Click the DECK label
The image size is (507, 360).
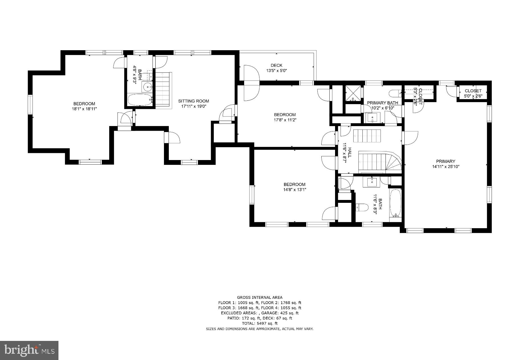(x=276, y=65)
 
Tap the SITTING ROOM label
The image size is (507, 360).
(x=194, y=101)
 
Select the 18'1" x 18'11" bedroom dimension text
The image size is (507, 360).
(x=84, y=109)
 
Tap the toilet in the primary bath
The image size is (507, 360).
(x=395, y=93)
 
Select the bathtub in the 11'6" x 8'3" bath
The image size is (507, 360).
(x=396, y=203)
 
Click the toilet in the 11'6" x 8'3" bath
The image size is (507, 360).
(x=362, y=208)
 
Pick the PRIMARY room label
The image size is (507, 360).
(x=445, y=161)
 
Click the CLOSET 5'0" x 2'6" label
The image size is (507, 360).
(x=473, y=93)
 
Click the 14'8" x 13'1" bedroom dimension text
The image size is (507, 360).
(x=294, y=189)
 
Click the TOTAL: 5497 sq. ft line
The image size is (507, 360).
(x=259, y=323)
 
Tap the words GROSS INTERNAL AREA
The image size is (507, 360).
(x=259, y=298)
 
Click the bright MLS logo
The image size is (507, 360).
(x=29, y=350)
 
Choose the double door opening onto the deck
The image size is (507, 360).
(x=251, y=83)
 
